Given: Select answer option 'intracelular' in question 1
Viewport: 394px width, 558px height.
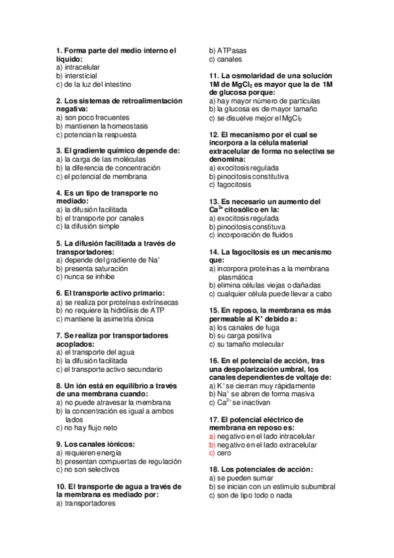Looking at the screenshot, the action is coord(82,67).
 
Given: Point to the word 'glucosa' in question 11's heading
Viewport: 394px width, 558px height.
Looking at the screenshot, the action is coord(223,93).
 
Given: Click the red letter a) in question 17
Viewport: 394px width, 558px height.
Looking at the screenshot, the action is coord(211,436).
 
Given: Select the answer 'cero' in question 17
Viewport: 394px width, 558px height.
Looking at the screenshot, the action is coord(224,453).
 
